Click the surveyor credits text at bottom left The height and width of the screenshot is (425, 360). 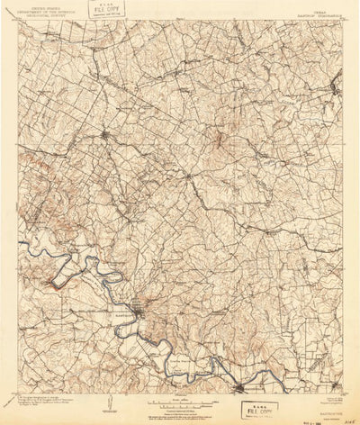(x=36, y=397)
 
